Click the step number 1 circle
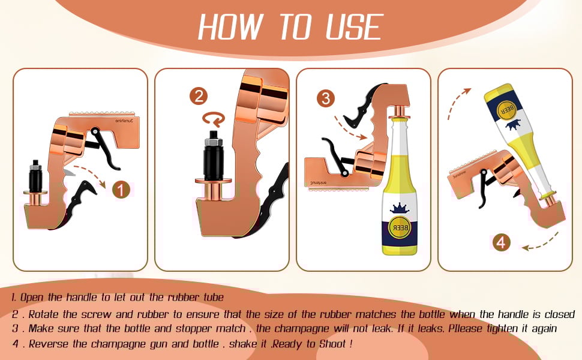(121, 190)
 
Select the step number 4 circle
(502, 242)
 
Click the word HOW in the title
(231, 26)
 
